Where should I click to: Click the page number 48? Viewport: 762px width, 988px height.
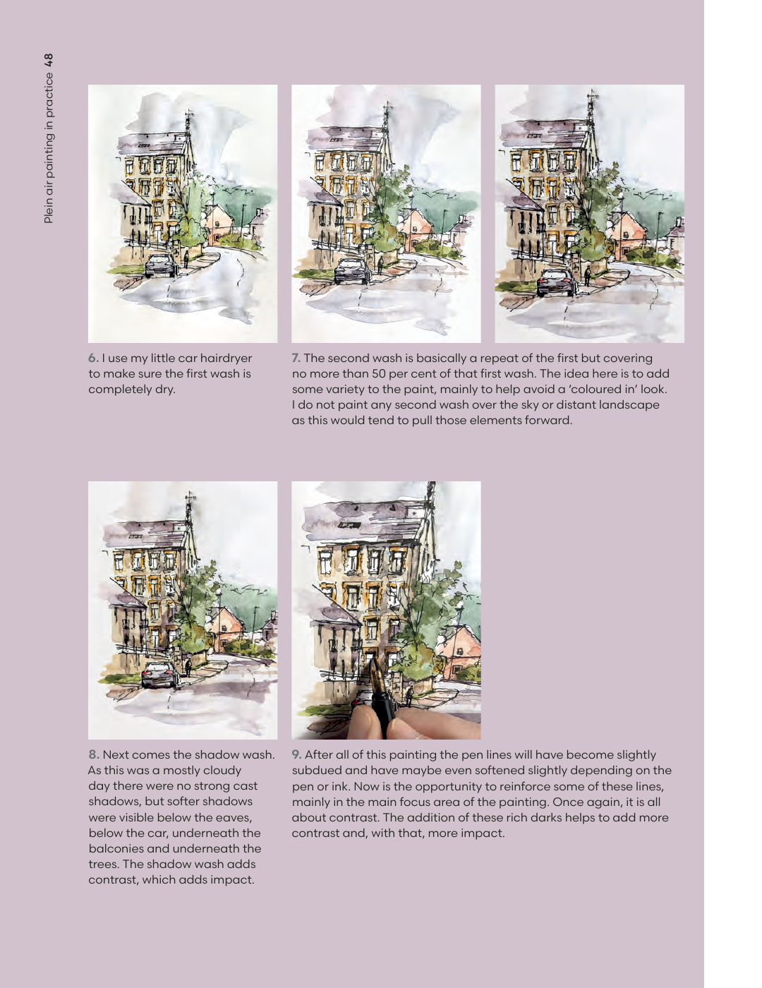pos(49,61)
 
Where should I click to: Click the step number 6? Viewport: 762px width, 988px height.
pos(93,359)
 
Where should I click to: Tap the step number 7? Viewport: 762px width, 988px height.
pos(296,359)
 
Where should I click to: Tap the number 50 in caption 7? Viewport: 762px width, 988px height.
pos(379,374)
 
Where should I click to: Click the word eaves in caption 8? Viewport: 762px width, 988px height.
pos(236,818)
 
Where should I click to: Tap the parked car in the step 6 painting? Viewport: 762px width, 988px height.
pos(160,266)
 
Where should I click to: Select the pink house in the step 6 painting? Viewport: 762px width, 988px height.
pos(219,222)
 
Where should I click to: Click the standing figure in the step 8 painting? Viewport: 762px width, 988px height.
pos(188,668)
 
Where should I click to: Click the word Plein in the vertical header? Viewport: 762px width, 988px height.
pos(49,210)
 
